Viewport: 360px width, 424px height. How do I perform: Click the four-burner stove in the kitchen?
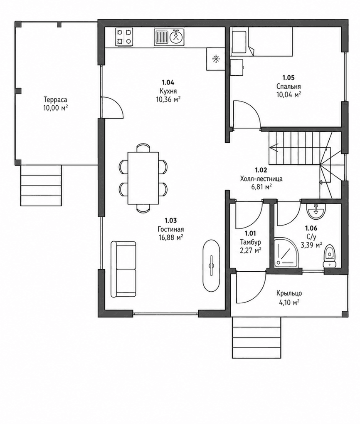(125, 37)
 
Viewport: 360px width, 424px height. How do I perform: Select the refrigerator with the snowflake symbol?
(216, 59)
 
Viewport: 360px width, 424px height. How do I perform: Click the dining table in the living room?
(143, 178)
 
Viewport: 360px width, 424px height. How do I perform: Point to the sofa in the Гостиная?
(123, 269)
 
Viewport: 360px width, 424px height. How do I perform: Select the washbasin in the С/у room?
(316, 211)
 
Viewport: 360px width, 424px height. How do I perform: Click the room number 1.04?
(168, 82)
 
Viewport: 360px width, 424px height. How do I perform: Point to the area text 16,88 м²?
(171, 238)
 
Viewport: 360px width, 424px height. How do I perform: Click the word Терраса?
(55, 99)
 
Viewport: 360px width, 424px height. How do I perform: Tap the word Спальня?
(288, 86)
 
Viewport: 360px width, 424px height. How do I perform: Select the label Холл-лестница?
(261, 179)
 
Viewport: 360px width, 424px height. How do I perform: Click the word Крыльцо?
(289, 293)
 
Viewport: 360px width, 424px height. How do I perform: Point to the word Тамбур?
(250, 242)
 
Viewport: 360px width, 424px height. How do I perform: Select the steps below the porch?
(256, 337)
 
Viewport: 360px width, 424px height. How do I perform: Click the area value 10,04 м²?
(288, 94)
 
